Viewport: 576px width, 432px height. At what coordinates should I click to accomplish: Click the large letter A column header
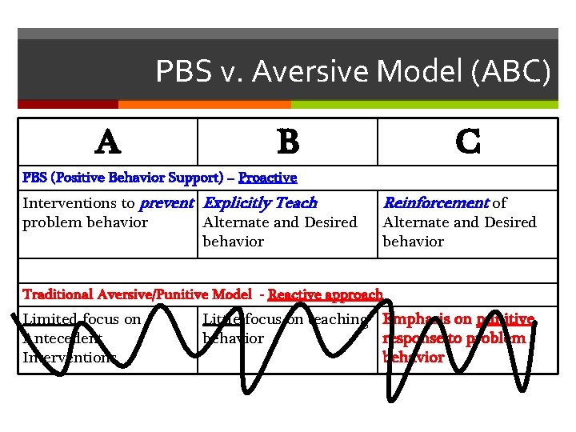108,142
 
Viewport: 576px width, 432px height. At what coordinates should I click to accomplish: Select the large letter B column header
288,142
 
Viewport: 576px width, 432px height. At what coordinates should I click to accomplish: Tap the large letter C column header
467,142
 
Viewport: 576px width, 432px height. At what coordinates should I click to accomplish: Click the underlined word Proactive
267,178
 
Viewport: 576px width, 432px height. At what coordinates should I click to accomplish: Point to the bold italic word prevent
167,203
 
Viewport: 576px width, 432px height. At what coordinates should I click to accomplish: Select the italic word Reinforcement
436,203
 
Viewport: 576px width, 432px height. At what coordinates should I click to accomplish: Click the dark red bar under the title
68,104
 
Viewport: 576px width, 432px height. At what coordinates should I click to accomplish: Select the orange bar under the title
204,104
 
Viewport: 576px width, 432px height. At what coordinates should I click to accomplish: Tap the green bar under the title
424,104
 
